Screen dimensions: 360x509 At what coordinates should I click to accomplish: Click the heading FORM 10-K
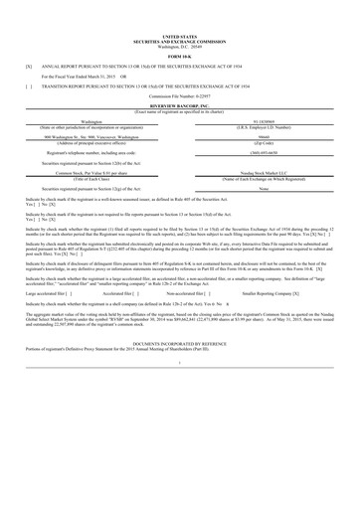pos(180,52)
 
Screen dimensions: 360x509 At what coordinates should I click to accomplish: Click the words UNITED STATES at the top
pos(180,34)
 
